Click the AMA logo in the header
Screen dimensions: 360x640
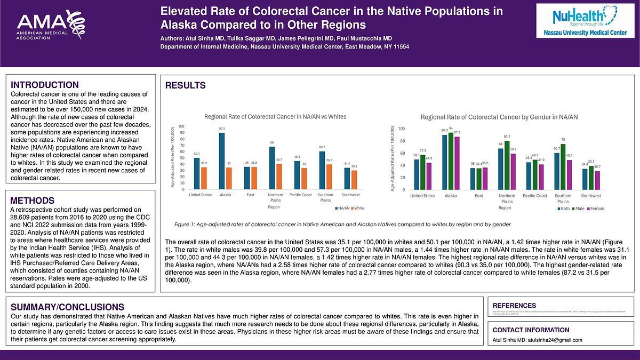[50, 25]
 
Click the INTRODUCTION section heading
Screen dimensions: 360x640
[45, 85]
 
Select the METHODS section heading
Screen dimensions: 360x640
[33, 201]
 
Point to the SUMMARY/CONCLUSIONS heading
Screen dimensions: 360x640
[68, 307]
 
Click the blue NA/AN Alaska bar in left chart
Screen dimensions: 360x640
[222, 161]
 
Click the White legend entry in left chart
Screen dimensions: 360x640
[357, 208]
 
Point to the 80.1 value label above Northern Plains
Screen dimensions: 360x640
[507, 137]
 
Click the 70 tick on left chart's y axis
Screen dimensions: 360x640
[182, 146]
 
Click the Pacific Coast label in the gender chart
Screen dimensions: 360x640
[534, 196]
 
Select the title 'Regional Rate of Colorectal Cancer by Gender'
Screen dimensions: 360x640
[499, 117]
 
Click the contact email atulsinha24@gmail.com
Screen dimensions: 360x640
[551, 340]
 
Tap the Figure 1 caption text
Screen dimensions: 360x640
[342, 225]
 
